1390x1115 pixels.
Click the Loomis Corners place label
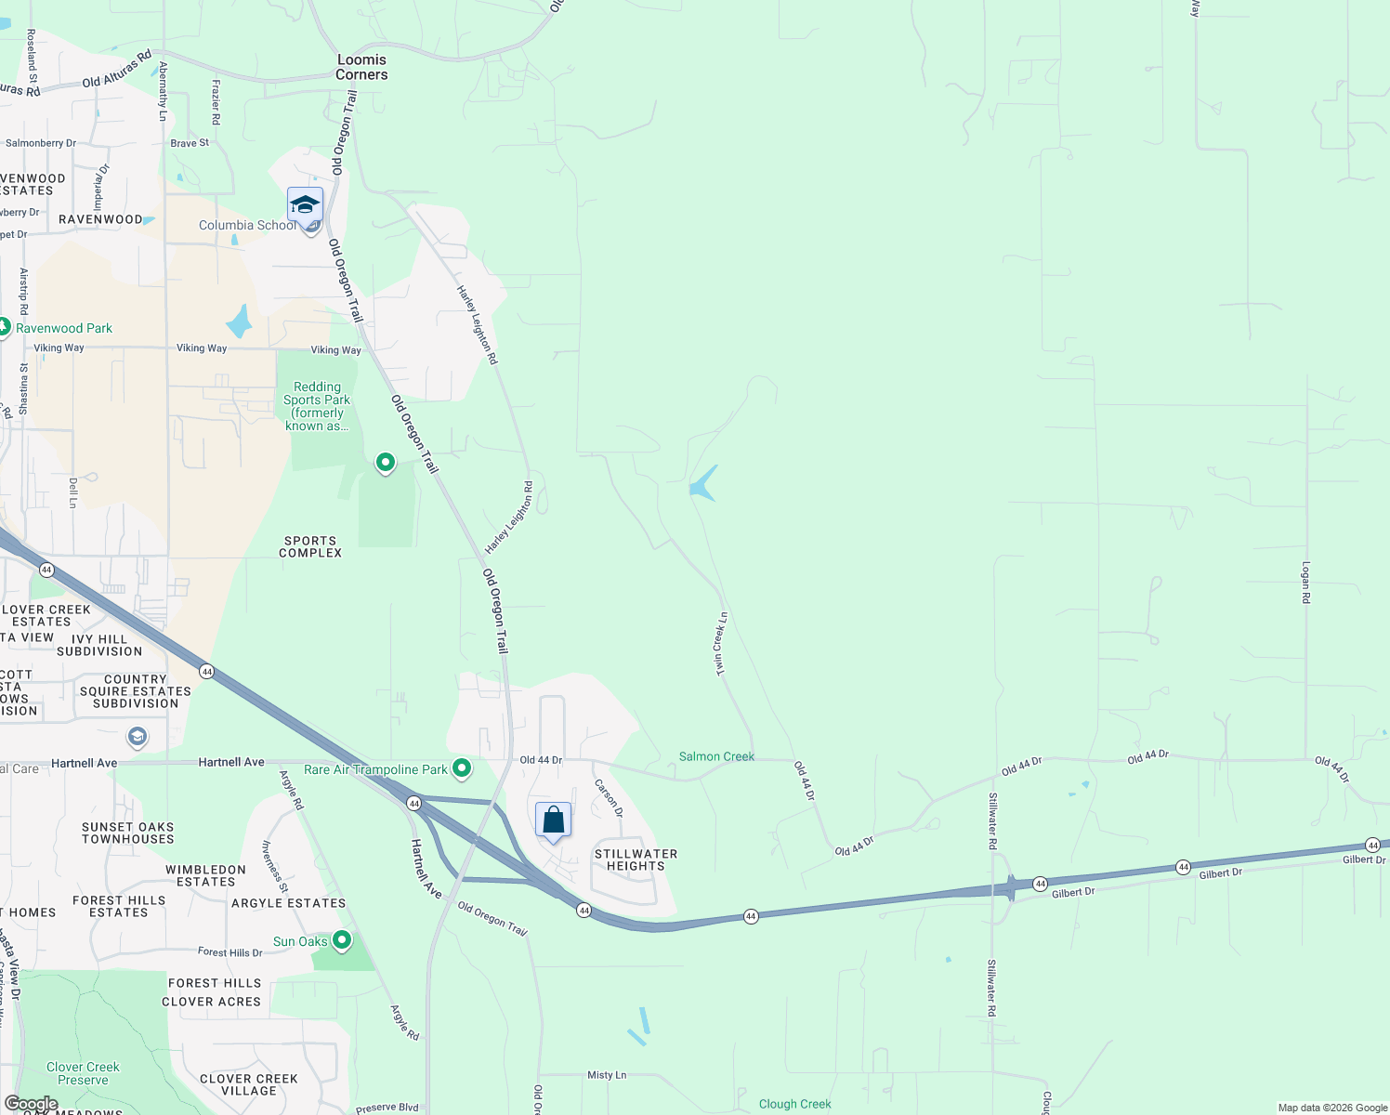click(361, 67)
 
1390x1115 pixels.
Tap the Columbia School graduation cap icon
click(305, 204)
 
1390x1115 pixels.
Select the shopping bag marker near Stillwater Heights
click(553, 820)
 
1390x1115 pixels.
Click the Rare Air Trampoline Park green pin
click(462, 768)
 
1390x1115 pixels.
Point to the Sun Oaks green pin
click(342, 940)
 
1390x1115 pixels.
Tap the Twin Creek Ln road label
click(720, 643)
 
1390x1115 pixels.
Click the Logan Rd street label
click(1305, 583)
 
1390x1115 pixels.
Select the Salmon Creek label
click(716, 756)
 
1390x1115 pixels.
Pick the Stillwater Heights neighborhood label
click(636, 859)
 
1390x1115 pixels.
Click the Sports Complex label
click(310, 546)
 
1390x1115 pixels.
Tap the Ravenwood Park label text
click(64, 328)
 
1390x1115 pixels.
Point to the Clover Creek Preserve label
click(83, 1073)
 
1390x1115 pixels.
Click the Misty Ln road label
click(607, 1075)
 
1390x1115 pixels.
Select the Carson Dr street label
click(610, 798)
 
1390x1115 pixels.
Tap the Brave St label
click(190, 143)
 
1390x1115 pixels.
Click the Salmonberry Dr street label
click(41, 143)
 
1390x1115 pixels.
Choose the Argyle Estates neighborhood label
click(288, 903)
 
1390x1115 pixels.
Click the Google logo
click(31, 1104)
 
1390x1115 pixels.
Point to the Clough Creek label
click(794, 1104)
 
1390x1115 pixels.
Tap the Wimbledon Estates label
click(205, 875)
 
